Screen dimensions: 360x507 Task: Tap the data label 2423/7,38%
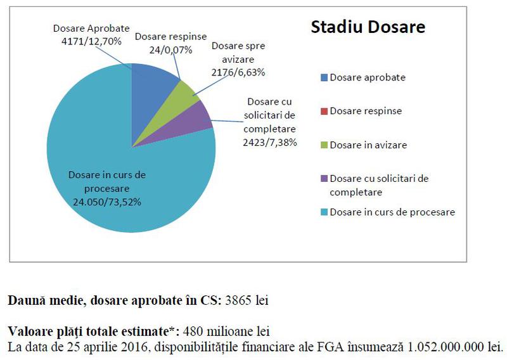tap(270, 143)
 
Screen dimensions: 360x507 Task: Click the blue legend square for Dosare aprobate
tap(324, 78)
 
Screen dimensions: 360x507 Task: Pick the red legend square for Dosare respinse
tap(324, 112)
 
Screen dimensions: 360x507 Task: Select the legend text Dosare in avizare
tap(368, 145)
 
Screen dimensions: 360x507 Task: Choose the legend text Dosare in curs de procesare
tap(392, 212)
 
